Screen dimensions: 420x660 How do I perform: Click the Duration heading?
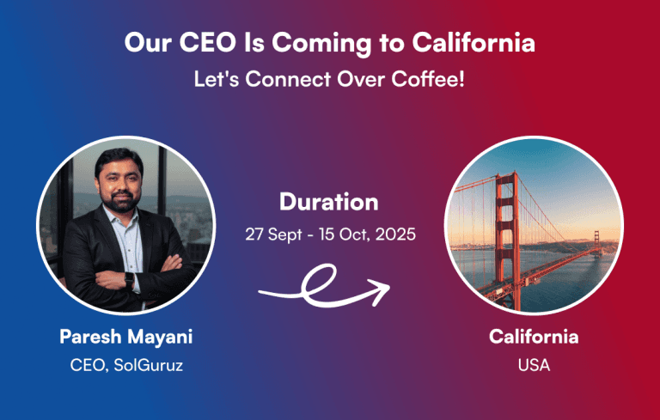329,203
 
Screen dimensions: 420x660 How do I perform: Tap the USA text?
534,365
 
